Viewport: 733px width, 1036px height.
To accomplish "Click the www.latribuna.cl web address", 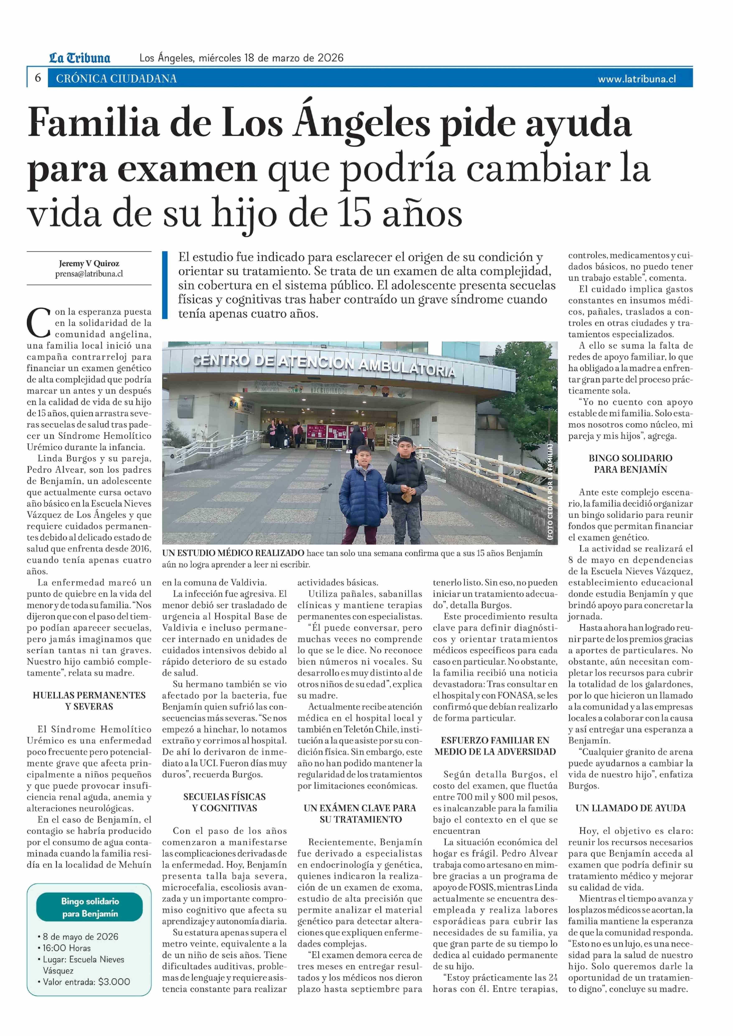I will [x=636, y=79].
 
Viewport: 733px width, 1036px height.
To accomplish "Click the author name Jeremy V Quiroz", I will [x=89, y=264].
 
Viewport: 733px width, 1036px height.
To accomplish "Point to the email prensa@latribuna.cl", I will [x=89, y=274].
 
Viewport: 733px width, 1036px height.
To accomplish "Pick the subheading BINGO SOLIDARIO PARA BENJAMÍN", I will [x=630, y=464].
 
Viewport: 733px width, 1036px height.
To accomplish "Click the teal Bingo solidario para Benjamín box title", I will [x=90, y=907].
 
